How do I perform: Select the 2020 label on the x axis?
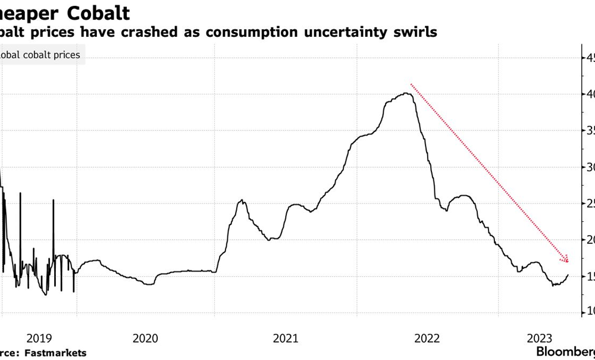pyautogui.click(x=145, y=338)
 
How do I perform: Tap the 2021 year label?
pyautogui.click(x=286, y=338)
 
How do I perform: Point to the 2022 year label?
pyautogui.click(x=427, y=338)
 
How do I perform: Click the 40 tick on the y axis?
pyautogui.click(x=588, y=94)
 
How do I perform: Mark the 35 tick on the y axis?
pyautogui.click(x=588, y=130)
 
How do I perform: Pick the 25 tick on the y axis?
pyautogui.click(x=588, y=204)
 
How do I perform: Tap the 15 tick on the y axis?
pyautogui.click(x=588, y=276)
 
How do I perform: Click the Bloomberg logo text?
pyautogui.click(x=565, y=351)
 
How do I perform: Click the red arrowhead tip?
pyautogui.click(x=569, y=262)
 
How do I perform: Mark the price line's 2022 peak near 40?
pyautogui.click(x=406, y=93)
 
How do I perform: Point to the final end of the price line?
pyautogui.click(x=568, y=275)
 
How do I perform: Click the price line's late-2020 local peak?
pyautogui.click(x=242, y=201)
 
